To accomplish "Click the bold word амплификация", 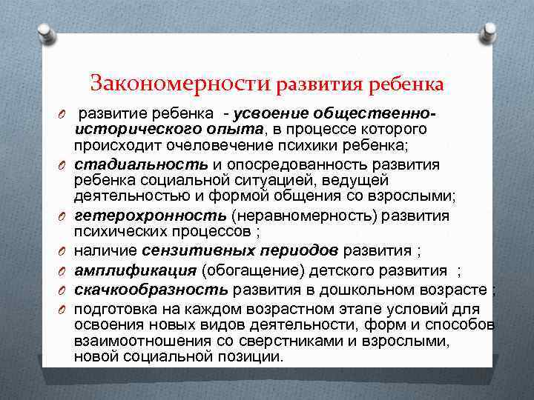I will tap(133, 269).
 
